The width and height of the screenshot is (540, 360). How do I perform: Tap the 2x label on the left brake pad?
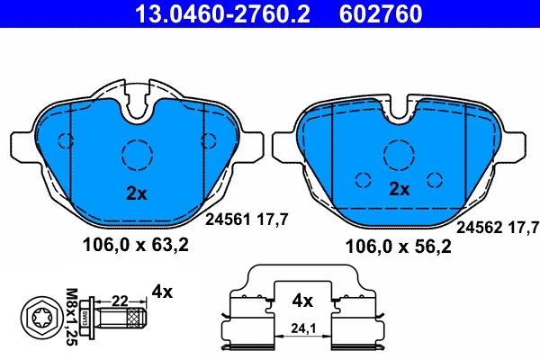(x=135, y=193)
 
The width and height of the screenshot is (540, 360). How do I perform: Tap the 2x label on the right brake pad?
(x=399, y=190)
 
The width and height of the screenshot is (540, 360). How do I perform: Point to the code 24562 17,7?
(x=499, y=227)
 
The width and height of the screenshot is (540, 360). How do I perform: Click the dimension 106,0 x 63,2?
(x=137, y=246)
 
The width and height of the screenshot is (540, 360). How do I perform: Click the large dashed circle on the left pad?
(x=138, y=154)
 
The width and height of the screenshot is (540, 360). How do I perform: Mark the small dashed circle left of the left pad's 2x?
(x=66, y=139)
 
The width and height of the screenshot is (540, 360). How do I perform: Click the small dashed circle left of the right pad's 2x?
(x=364, y=178)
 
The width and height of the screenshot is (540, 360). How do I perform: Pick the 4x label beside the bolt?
(x=162, y=291)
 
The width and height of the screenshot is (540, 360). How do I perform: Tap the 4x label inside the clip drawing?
(x=302, y=300)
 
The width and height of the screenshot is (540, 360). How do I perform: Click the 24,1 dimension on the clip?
(x=302, y=330)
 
